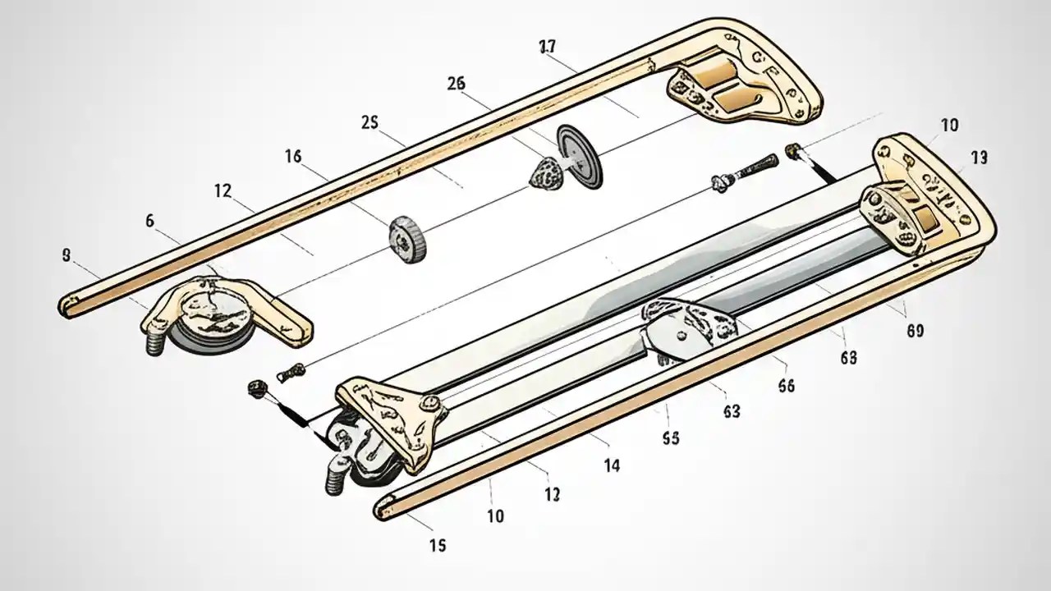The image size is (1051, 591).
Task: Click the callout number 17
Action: [548, 48]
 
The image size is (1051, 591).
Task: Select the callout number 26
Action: [457, 83]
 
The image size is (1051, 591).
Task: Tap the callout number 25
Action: [369, 122]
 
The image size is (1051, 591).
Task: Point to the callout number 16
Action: [292, 156]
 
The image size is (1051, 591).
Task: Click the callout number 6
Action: [149, 220]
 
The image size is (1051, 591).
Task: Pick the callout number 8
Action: [66, 255]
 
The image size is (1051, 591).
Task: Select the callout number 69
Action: [915, 331]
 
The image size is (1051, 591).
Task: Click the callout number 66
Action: [785, 387]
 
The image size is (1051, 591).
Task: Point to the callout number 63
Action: [732, 410]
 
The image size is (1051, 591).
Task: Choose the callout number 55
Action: [670, 438]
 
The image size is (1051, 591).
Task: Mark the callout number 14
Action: [611, 465]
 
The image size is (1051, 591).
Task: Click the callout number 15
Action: [438, 545]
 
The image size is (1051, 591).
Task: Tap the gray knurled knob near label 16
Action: [408, 239]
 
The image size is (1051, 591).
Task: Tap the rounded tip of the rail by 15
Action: [383, 509]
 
